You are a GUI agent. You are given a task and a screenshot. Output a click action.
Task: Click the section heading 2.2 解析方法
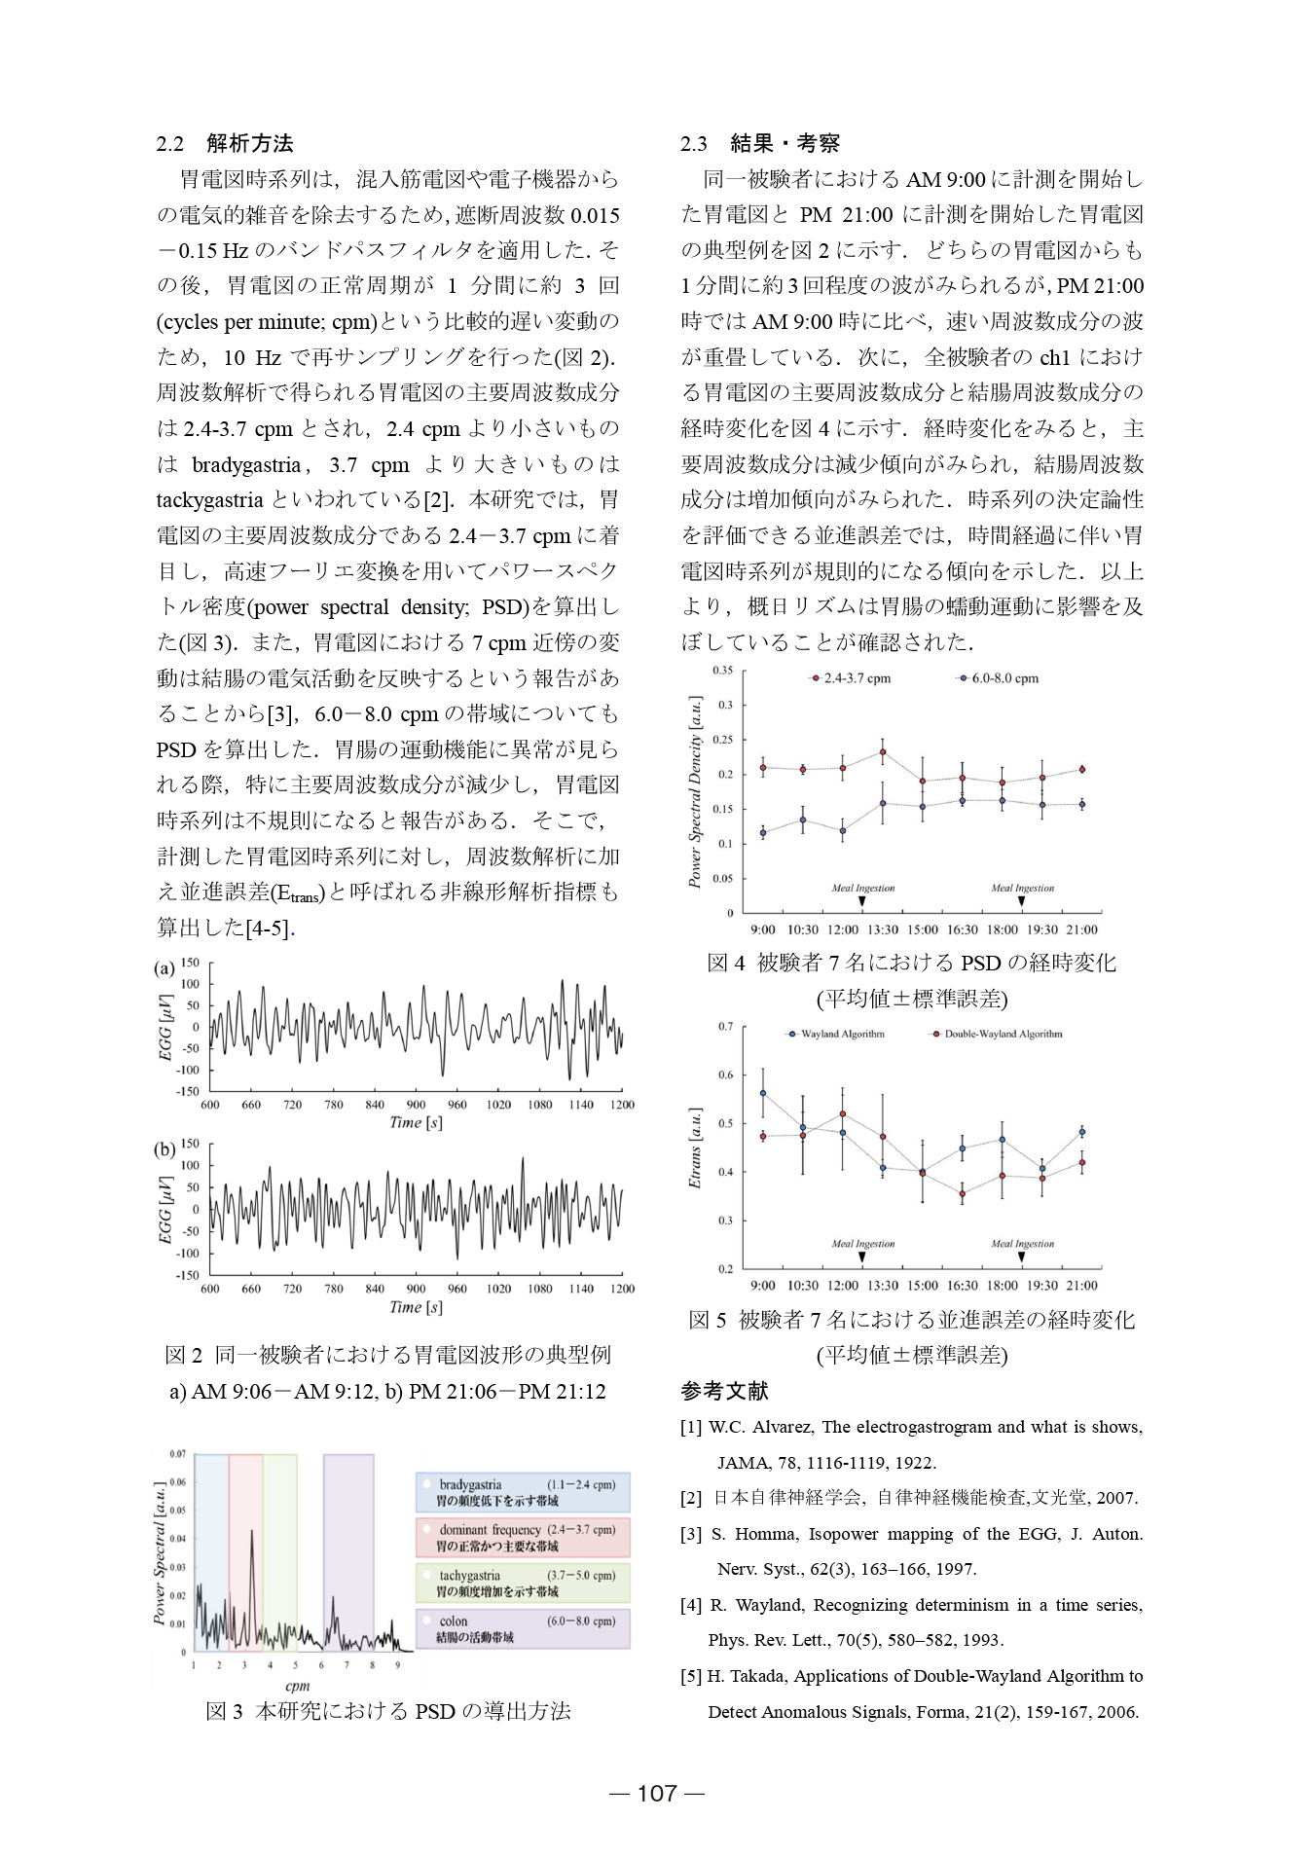point(225,144)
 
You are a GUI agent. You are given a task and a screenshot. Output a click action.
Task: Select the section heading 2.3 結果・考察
point(759,144)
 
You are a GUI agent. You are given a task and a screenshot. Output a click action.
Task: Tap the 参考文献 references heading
point(724,1391)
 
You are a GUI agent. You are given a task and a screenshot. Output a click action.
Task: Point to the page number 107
point(657,1793)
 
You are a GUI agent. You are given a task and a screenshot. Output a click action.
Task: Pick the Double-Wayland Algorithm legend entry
point(997,1034)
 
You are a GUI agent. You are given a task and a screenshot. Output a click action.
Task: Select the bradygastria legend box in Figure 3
point(523,1492)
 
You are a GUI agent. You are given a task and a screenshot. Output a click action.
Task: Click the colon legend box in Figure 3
point(523,1628)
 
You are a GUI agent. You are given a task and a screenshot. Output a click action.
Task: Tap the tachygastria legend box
point(523,1583)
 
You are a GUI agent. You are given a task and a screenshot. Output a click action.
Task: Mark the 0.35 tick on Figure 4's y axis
point(723,671)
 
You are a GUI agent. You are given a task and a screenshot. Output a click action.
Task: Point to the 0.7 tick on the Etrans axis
point(726,1027)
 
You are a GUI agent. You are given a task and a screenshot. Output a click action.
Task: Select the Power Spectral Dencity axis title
point(695,791)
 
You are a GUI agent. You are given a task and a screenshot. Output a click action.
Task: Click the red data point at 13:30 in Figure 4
point(883,751)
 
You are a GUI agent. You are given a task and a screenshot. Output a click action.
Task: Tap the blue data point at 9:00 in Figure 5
point(763,1093)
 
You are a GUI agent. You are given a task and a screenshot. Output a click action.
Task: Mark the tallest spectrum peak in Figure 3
point(252,1531)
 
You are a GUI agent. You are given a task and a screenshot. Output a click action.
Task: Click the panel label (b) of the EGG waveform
point(164,1149)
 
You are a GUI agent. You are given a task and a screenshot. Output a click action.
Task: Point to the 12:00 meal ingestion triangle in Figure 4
point(862,901)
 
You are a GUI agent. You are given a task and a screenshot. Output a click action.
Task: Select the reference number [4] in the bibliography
point(691,1605)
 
